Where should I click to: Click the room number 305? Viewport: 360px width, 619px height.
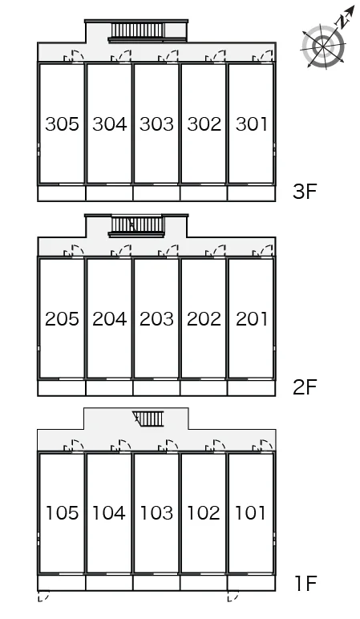[62, 124]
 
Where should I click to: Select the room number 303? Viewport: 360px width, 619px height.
[156, 124]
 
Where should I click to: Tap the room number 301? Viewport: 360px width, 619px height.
[252, 124]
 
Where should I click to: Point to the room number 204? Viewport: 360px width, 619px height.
[109, 318]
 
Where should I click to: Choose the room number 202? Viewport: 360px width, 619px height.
[204, 318]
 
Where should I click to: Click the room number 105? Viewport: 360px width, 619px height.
[62, 513]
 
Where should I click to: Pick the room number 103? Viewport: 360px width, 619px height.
[156, 513]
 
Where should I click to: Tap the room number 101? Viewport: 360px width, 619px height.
[250, 513]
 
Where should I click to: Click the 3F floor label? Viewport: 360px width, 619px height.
[305, 192]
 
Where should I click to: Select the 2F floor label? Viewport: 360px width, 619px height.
[305, 386]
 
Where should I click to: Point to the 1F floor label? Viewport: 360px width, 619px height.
[305, 583]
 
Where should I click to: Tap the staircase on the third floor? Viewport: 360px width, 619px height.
[137, 30]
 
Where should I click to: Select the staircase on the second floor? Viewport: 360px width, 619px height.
[136, 226]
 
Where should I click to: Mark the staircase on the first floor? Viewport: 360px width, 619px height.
[148, 419]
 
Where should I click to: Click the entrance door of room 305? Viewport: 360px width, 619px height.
[75, 56]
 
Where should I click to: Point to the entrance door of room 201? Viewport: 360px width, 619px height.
[263, 252]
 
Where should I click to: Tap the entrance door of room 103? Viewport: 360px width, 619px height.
[168, 446]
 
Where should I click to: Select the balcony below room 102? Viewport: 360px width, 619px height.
[204, 583]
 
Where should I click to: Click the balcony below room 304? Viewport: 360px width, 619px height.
[109, 193]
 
